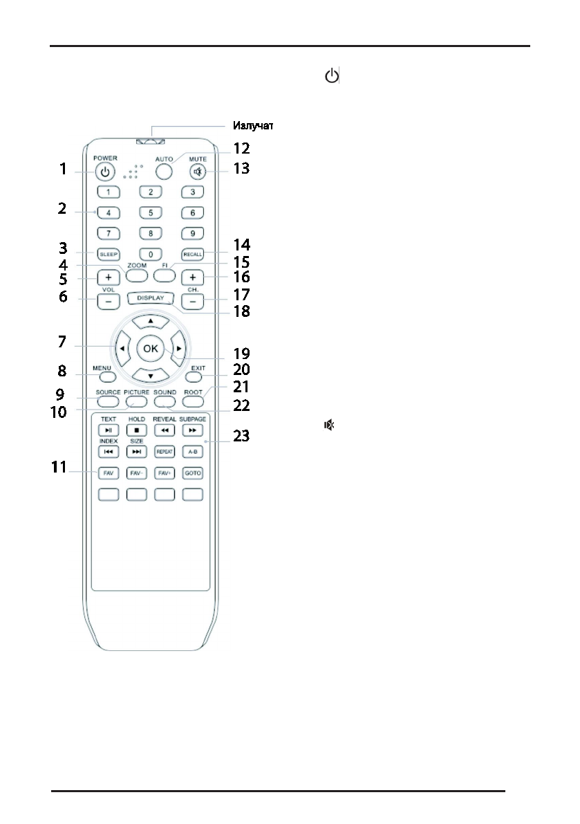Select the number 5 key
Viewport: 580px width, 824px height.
(150, 214)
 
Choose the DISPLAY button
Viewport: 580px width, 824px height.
(150, 299)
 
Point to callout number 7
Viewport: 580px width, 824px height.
(62, 342)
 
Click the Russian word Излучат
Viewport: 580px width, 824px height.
(254, 127)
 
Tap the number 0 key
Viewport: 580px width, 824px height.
(150, 255)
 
